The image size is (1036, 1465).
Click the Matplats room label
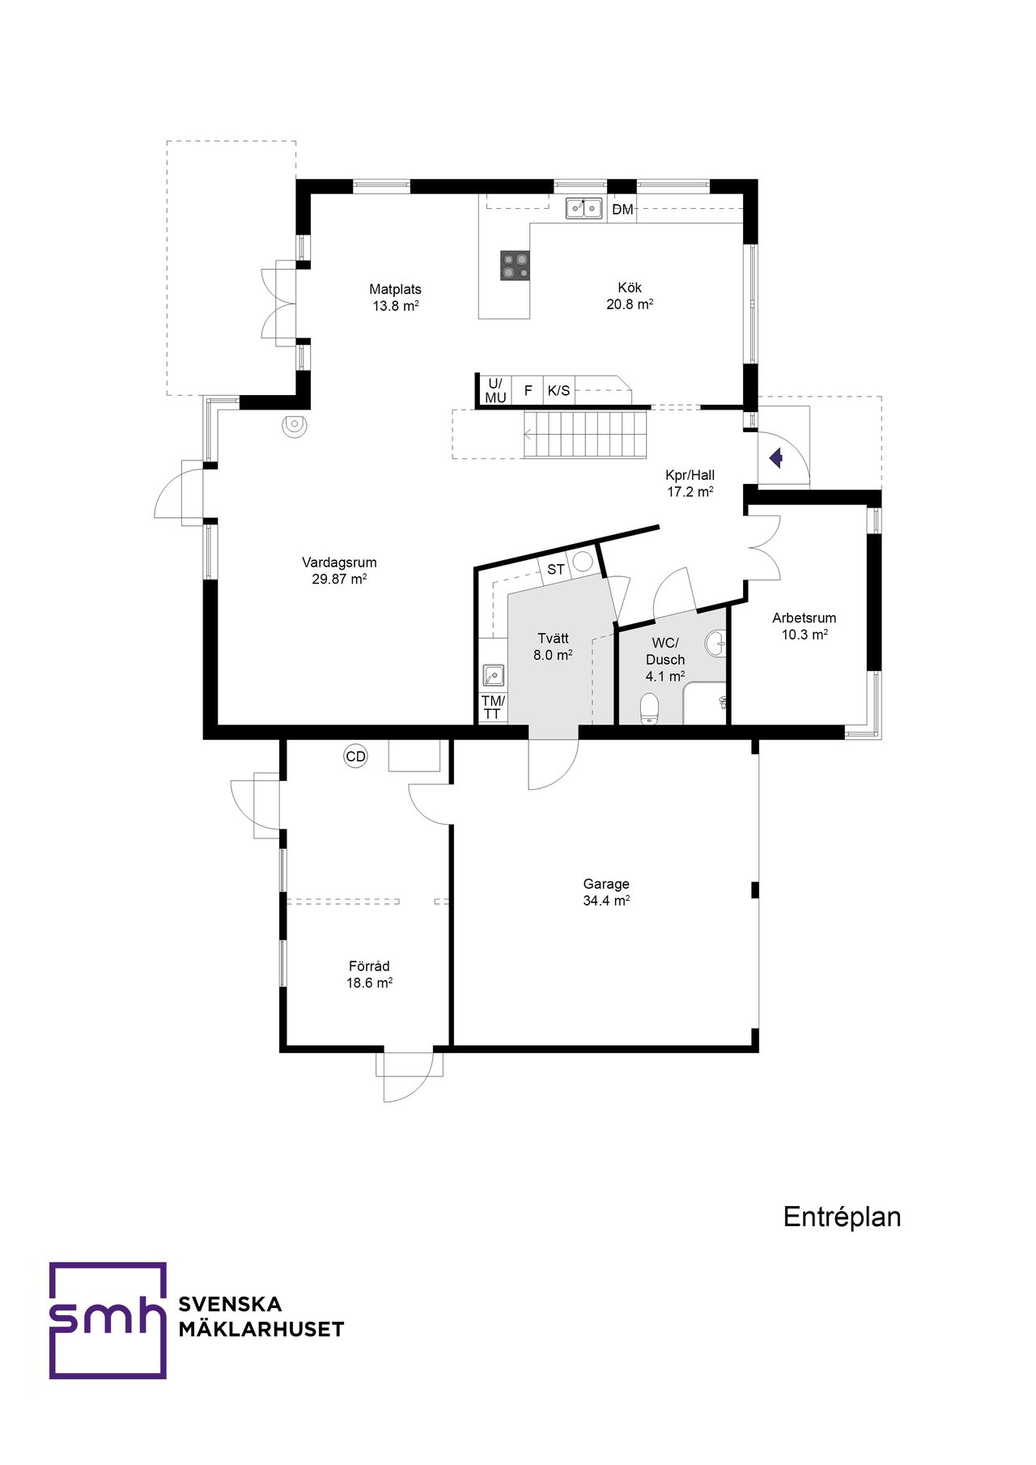pos(395,297)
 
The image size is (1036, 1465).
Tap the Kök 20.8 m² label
pos(630,296)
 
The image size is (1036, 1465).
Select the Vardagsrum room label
pos(339,571)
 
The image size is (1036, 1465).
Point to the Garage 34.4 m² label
pos(606,892)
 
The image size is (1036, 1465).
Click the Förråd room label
pos(369,975)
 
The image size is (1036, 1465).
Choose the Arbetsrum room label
pos(804,626)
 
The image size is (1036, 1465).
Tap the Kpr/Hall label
pos(690,483)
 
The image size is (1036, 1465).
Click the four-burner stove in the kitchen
pos(515,265)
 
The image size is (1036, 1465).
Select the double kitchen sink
pos(584,208)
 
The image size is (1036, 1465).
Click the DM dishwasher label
pos(622,210)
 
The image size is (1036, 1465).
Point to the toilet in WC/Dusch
pos(650,708)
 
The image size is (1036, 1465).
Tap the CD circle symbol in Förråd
pos(355,757)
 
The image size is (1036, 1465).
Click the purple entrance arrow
pos(776,459)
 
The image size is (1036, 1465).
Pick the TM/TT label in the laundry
pos(493,707)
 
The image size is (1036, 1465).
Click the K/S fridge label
pos(558,391)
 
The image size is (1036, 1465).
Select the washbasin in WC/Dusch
pos(716,644)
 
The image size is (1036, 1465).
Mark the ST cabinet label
pos(555,570)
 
